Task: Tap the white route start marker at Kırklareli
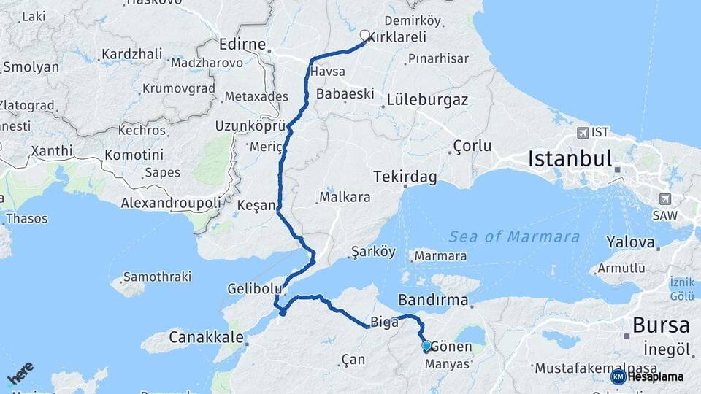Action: pyautogui.click(x=365, y=34)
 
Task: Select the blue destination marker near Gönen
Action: pyautogui.click(x=426, y=346)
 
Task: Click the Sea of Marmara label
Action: pyautogui.click(x=514, y=236)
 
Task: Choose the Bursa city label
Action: pyautogui.click(x=661, y=325)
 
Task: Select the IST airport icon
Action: pyautogui.click(x=583, y=133)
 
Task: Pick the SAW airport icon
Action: pyautogui.click(x=665, y=198)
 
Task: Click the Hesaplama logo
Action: pyautogui.click(x=647, y=376)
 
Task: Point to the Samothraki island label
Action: pyautogui.click(x=157, y=277)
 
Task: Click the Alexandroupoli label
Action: pyautogui.click(x=171, y=202)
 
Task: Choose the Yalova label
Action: pyautogui.click(x=632, y=242)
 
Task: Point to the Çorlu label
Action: pyautogui.click(x=472, y=146)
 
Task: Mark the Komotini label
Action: pyautogui.click(x=138, y=155)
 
